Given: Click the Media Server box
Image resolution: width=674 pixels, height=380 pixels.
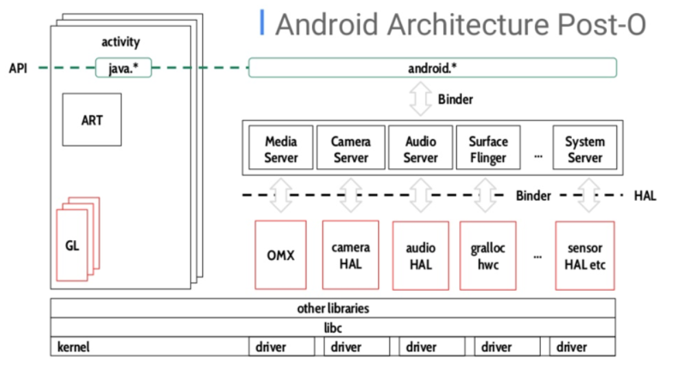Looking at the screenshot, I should point(281,149).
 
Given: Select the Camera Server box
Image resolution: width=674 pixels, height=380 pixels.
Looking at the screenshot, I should point(350,149).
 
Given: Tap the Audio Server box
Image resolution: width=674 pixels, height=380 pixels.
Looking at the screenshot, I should point(420,149).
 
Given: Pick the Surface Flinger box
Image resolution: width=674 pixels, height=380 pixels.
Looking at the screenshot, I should point(488,149).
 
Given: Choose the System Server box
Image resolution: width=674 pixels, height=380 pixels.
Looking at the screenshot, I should point(585,149).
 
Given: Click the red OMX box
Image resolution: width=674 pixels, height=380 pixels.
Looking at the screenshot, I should point(280,254).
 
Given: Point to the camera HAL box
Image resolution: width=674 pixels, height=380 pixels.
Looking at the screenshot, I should point(350,254).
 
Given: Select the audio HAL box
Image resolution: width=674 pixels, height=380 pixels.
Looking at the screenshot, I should point(420,255).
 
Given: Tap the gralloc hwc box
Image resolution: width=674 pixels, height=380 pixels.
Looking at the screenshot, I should point(488,255).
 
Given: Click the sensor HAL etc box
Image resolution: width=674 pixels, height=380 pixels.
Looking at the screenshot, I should point(585,255).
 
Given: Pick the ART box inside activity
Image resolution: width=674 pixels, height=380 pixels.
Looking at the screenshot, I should point(92,120).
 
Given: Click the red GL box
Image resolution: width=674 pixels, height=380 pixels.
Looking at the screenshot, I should point(72,246).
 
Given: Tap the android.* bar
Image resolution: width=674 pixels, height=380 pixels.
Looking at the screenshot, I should point(432,68).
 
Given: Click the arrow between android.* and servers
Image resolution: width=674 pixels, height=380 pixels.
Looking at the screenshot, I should point(419,99).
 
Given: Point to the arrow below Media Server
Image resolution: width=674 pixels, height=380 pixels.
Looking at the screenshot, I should point(281,195).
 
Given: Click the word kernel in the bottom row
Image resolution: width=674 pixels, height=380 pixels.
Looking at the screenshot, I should point(73,347).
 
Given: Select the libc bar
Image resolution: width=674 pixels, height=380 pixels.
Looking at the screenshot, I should point(333,328).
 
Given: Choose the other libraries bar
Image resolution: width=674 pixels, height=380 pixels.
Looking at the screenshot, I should point(333,308).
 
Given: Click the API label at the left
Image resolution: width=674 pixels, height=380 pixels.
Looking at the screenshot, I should point(18,69).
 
